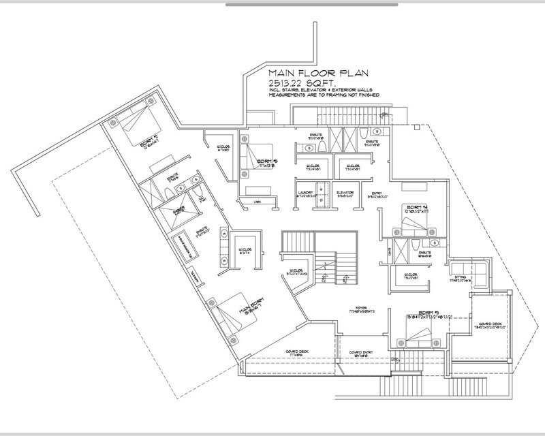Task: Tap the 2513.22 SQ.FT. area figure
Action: pyautogui.click(x=295, y=82)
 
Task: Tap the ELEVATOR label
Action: pyautogui.click(x=345, y=193)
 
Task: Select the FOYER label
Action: pyautogui.click(x=353, y=307)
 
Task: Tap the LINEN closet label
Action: pyautogui.click(x=256, y=202)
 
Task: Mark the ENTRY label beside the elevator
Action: pyautogui.click(x=375, y=193)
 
